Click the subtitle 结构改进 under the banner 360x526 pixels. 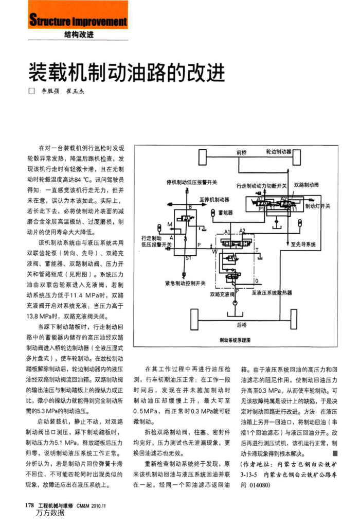point(79,35)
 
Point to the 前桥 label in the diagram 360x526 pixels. point(242,153)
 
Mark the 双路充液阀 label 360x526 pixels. point(222,294)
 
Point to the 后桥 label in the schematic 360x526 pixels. point(242,325)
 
